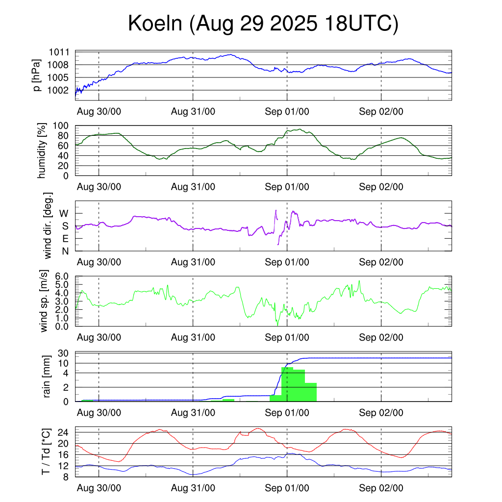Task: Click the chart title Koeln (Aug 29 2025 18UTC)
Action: pos(263,24)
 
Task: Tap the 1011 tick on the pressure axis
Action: pos(59,52)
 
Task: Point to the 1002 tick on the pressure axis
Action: pos(59,90)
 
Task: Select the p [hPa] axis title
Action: pos(37,75)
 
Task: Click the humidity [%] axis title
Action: pos(43,151)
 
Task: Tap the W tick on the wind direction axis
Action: pos(64,214)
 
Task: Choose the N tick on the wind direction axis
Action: pos(65,251)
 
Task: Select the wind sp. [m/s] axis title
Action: pos(45,301)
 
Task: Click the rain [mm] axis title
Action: pos(48,377)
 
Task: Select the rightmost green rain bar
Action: pos(311,392)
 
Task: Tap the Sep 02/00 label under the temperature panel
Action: pos(381,488)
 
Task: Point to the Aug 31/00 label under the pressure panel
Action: pos(193,111)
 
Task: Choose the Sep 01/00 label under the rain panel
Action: pos(287,413)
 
